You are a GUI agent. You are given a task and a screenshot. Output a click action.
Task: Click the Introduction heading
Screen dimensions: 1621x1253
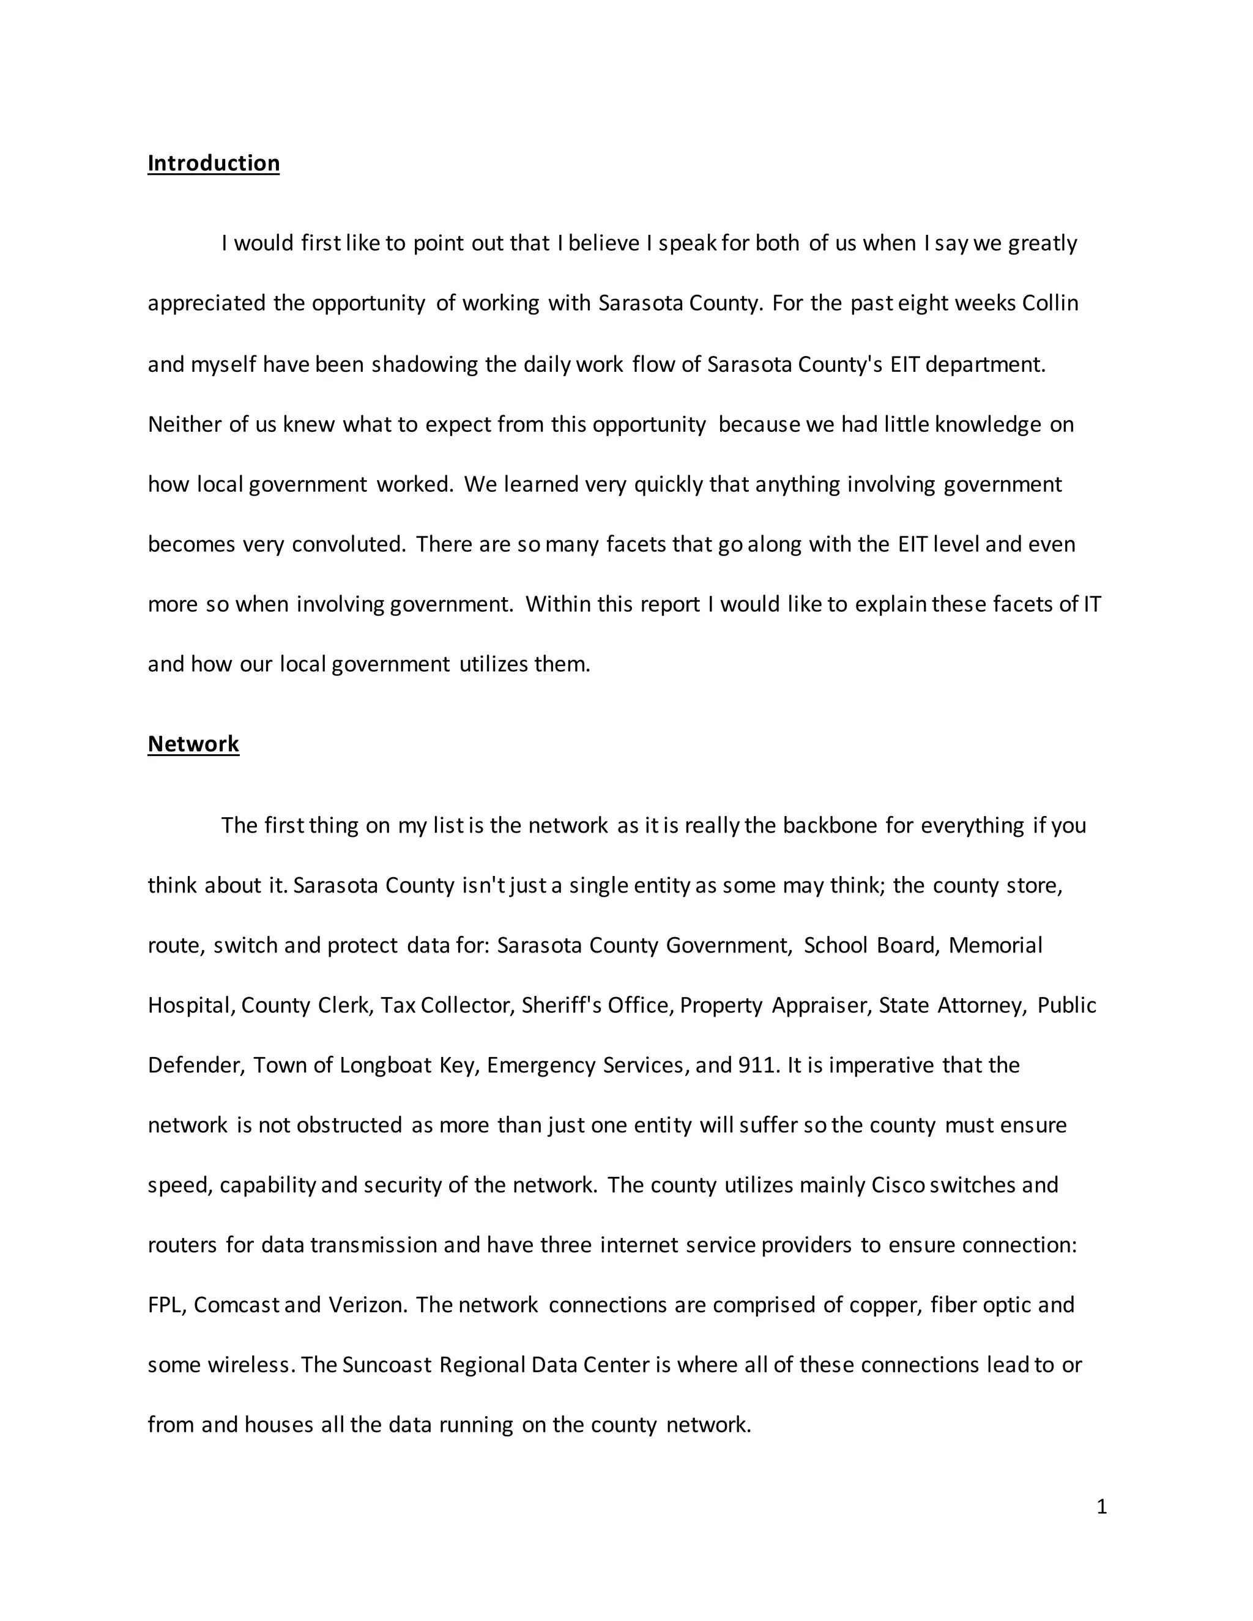click(x=213, y=163)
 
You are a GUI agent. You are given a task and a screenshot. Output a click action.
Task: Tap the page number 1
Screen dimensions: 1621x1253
click(x=1101, y=1506)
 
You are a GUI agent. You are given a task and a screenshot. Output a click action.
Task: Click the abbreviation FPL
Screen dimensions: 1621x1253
click(x=164, y=1305)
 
